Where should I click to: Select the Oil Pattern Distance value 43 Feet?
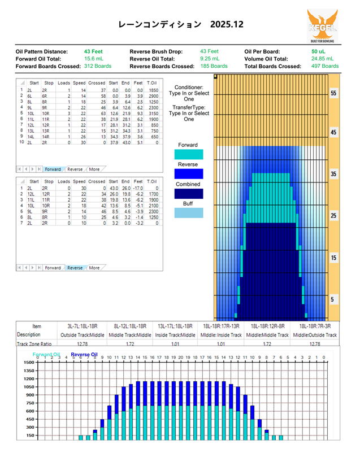tap(93, 51)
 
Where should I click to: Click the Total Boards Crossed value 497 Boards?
tap(325, 66)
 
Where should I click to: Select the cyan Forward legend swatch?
tap(189, 154)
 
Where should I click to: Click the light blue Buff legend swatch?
tap(189, 212)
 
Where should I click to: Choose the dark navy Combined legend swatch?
tap(189, 193)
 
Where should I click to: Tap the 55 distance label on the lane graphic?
tap(333, 93)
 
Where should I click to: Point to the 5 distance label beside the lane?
tap(333, 299)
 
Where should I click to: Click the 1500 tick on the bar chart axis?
tap(28, 363)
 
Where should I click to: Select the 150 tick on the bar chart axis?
tap(28, 435)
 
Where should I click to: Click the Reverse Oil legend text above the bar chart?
tap(84, 355)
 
